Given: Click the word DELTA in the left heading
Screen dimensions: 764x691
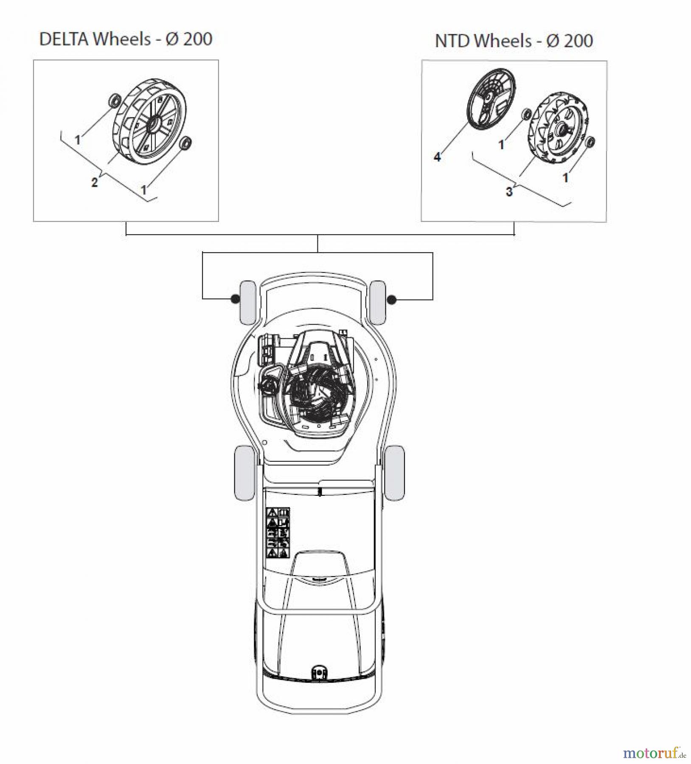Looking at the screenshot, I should pyautogui.click(x=65, y=39).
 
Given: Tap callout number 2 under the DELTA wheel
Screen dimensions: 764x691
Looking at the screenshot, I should pyautogui.click(x=94, y=183).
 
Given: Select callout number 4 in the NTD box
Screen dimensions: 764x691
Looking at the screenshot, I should pyautogui.click(x=437, y=157).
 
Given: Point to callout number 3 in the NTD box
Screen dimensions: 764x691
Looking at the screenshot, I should pyautogui.click(x=509, y=192).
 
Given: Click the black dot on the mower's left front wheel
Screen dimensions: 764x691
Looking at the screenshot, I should pyautogui.click(x=234, y=299).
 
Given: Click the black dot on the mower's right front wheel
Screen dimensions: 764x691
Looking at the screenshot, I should pyautogui.click(x=392, y=300).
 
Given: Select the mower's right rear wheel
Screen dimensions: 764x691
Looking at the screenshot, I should pyautogui.click(x=394, y=473).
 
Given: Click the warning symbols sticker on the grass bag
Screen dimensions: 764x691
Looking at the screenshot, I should pyautogui.click(x=278, y=532).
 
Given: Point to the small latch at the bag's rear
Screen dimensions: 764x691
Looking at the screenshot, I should pyautogui.click(x=317, y=673).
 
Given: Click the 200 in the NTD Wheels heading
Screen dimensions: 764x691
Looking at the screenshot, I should pyautogui.click(x=577, y=41).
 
